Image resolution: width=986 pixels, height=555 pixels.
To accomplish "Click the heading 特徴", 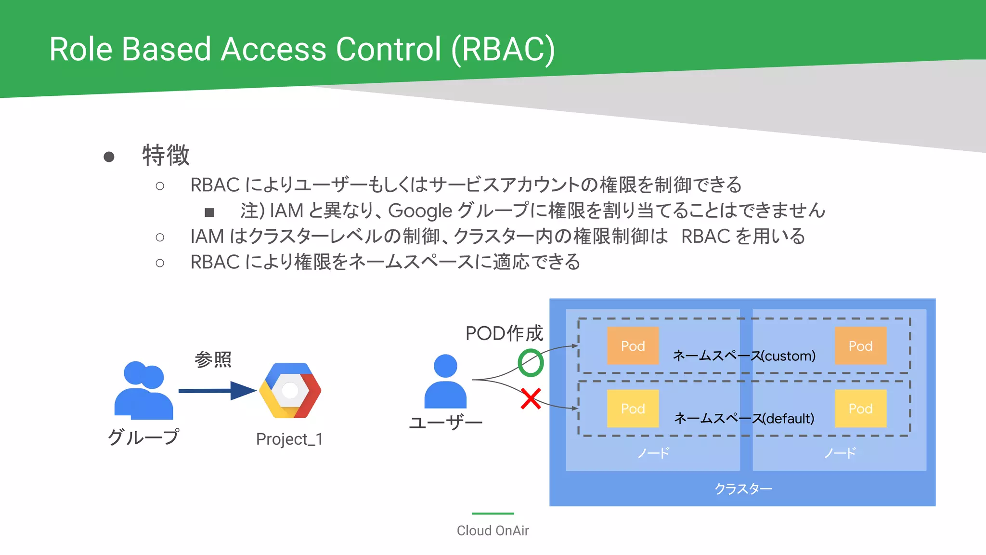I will point(166,155).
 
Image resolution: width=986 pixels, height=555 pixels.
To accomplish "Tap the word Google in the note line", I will point(420,211).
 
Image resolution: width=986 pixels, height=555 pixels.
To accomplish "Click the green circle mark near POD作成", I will point(531,363).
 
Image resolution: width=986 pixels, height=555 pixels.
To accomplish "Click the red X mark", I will point(531,399).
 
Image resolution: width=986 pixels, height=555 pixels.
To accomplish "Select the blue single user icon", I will point(445,382).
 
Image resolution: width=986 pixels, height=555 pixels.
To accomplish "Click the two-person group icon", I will point(143,390).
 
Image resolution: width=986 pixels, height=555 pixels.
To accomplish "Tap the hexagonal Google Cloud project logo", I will point(290,390).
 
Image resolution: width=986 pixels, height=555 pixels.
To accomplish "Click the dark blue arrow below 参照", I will point(217,390).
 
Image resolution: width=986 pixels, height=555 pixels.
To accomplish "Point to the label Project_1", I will point(289,439).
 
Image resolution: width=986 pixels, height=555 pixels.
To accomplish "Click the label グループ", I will point(143,437).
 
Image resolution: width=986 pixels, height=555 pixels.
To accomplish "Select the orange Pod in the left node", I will point(633,346).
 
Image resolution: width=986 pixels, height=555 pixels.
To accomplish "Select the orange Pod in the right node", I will point(860,346).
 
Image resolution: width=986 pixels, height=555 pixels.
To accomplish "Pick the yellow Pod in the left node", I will point(633,409).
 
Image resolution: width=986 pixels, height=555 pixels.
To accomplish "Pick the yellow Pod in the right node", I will point(860,409).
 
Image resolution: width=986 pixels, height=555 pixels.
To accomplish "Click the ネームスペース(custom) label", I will point(744,356).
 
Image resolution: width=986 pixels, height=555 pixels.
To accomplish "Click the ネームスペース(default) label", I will point(744,418).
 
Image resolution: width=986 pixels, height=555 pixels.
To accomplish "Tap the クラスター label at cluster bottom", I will point(743,489).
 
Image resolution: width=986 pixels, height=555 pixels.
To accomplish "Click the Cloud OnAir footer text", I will point(493,530).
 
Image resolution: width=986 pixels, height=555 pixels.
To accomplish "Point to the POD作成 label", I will point(504,333).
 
